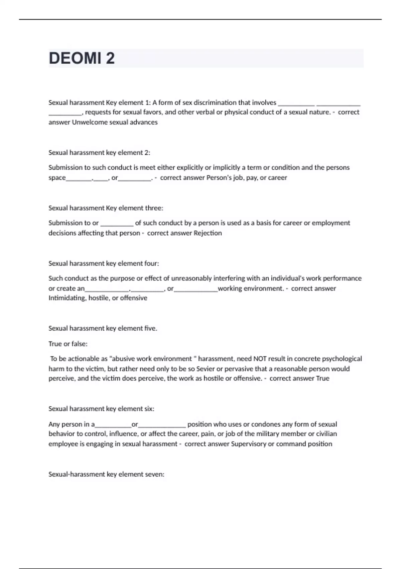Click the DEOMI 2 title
click(x=82, y=58)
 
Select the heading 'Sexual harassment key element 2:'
click(x=99, y=153)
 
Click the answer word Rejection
click(x=208, y=233)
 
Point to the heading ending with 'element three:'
click(x=106, y=208)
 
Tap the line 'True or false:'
click(x=68, y=344)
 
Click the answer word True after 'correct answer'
click(x=322, y=378)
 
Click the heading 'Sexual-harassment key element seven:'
click(x=106, y=474)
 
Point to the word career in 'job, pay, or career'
click(x=277, y=178)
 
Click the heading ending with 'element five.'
click(x=103, y=328)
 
